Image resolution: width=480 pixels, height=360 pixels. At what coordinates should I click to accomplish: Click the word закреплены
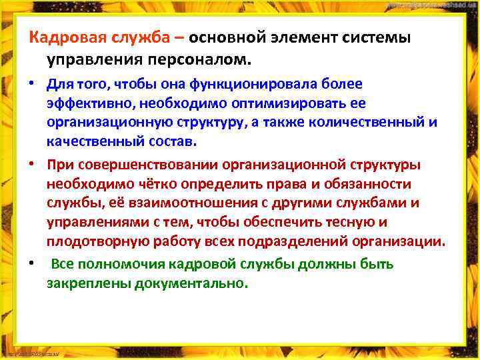(x=88, y=283)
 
